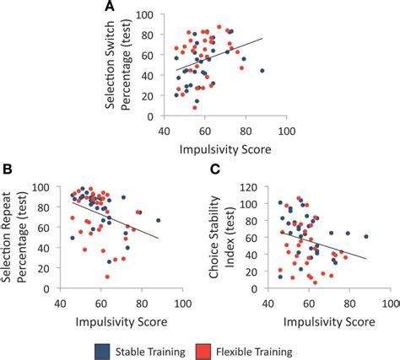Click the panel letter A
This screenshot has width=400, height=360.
(110, 8)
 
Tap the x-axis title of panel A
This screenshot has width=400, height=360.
(223, 150)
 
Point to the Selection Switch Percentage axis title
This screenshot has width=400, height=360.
(123, 67)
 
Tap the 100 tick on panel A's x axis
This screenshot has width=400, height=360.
(286, 132)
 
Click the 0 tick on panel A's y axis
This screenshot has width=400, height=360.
(157, 120)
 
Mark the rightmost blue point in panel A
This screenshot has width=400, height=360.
(262, 71)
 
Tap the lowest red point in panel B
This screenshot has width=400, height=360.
(107, 277)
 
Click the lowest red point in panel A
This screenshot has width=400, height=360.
(195, 108)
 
